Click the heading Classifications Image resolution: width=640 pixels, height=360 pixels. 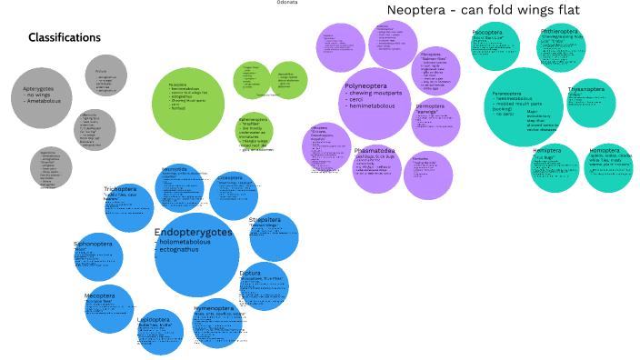pos(65,38)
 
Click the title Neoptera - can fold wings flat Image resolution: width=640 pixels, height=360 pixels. pos(483,11)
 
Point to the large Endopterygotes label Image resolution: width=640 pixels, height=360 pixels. pos(194,233)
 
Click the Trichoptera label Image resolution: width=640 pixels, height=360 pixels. pos(120,189)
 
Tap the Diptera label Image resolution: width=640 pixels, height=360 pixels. pos(250,272)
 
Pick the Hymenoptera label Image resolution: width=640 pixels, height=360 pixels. pos(213,309)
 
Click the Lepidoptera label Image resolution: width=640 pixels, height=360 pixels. pos(154,320)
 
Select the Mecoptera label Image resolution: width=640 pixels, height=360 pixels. pos(99,295)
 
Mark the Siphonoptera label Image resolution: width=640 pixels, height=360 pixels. pos(92,245)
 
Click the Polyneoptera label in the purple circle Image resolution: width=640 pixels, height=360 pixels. pos(367,87)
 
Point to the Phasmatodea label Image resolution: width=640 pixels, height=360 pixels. pos(375,150)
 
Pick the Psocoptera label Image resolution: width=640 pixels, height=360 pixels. pos(487,32)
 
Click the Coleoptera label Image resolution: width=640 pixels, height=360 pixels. pos(230,178)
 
